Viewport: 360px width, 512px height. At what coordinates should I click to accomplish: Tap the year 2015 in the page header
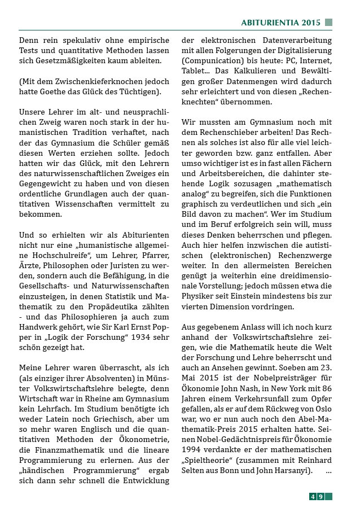(x=311, y=23)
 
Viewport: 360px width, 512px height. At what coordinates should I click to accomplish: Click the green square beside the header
(x=328, y=23)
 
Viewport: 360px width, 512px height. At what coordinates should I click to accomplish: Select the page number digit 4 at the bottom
(x=313, y=497)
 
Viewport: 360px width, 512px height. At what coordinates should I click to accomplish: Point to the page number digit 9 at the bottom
(x=321, y=497)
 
